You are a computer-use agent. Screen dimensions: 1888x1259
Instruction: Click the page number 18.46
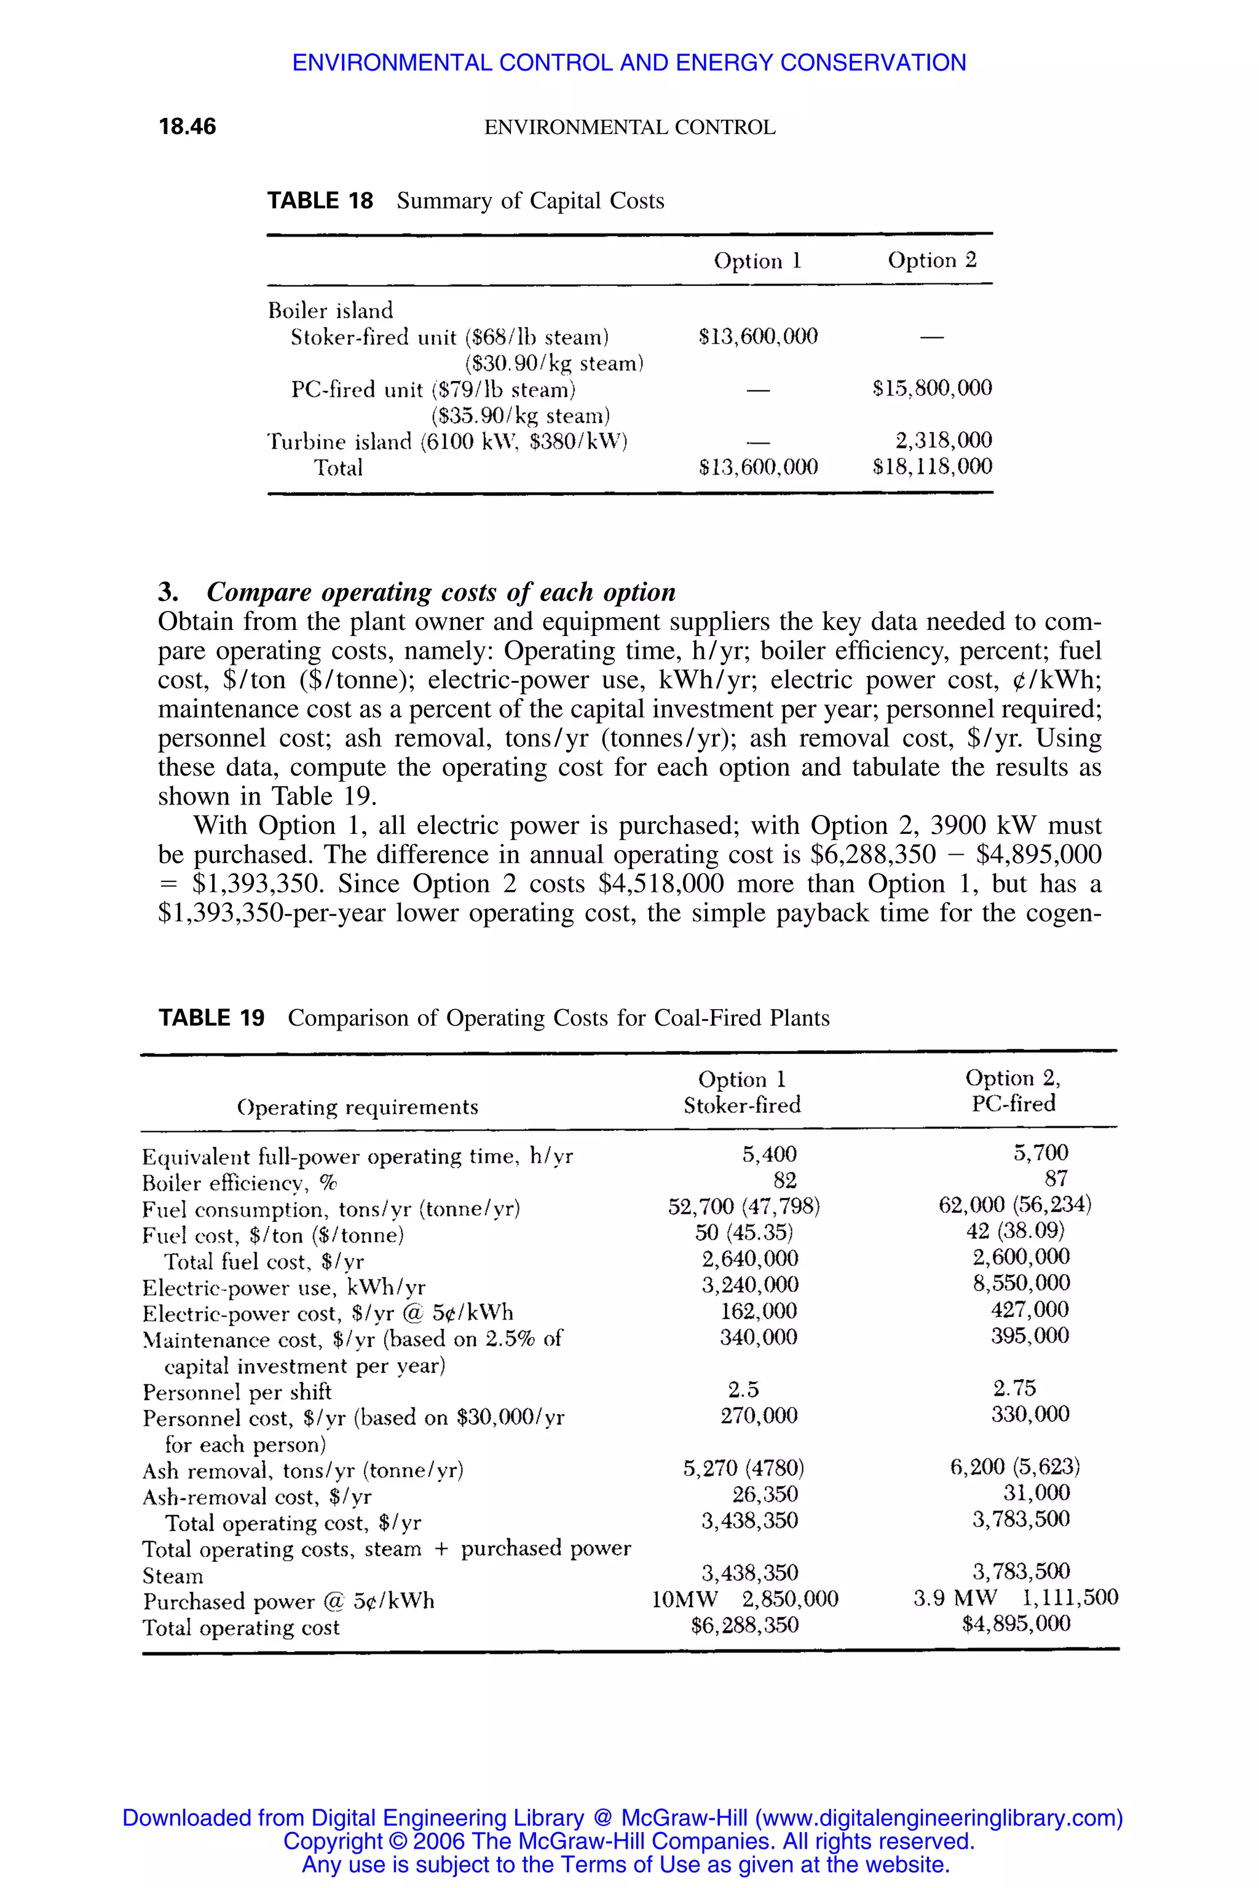click(x=187, y=127)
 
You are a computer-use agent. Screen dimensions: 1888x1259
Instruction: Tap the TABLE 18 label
click(x=320, y=201)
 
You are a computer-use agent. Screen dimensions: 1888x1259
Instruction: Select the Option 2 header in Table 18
click(x=932, y=260)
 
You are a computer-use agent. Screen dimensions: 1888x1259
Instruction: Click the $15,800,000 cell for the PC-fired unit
click(x=932, y=388)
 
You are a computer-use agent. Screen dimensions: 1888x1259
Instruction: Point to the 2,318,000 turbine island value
click(x=944, y=440)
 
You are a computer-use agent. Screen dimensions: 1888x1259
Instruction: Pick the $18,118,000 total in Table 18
click(x=932, y=466)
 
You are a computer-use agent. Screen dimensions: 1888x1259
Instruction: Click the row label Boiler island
click(x=330, y=310)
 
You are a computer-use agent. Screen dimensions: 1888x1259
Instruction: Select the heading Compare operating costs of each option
click(x=441, y=592)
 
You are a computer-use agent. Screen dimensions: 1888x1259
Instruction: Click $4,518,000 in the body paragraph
click(x=661, y=884)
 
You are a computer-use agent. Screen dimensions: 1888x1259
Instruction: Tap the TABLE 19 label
click(x=211, y=1018)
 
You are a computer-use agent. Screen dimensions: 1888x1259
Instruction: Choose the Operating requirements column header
click(x=357, y=1107)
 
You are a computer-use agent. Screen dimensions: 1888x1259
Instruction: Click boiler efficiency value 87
click(x=1056, y=1178)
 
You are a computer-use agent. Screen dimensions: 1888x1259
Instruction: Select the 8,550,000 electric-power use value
click(x=1020, y=1283)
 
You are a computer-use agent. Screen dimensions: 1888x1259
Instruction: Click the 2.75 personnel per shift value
click(x=1014, y=1388)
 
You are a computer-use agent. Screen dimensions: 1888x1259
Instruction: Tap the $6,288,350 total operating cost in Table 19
click(x=744, y=1626)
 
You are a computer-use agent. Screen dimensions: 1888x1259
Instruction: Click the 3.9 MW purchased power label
click(x=955, y=1597)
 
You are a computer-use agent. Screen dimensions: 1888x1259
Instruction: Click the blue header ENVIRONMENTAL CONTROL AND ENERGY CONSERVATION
click(x=629, y=63)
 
